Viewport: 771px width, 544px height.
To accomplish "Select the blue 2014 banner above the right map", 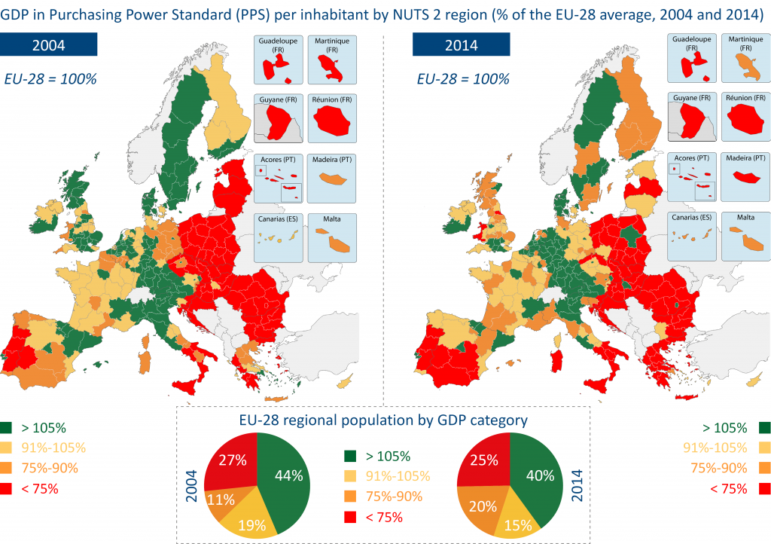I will coord(460,44).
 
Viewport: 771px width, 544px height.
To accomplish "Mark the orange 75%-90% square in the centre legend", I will coord(350,497).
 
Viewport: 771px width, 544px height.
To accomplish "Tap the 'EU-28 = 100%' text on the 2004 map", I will coord(50,78).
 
